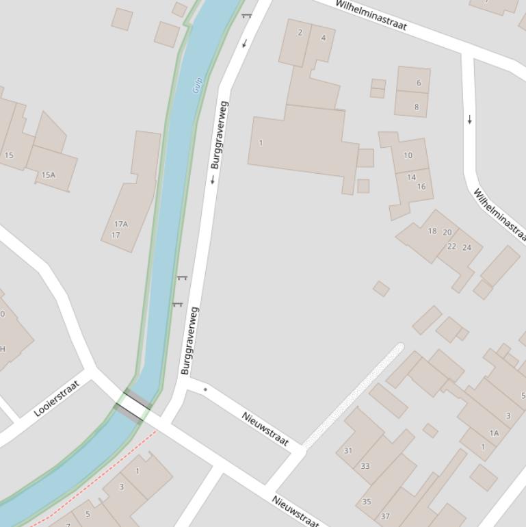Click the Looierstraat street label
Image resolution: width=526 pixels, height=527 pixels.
[57, 398]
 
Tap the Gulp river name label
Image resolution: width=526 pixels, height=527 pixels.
[198, 85]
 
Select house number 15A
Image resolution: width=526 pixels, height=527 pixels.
[48, 175]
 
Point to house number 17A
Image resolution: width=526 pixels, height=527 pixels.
[120, 224]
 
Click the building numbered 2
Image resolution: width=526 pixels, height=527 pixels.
[300, 32]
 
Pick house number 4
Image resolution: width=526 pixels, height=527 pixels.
[324, 38]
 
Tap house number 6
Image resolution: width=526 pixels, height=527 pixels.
[419, 83]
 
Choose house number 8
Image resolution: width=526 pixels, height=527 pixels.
[416, 107]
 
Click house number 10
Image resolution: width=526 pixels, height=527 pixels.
[408, 155]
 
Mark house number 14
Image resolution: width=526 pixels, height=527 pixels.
[411, 177]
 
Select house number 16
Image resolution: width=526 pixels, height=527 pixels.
[421, 186]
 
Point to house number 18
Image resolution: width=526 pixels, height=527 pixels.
[432, 231]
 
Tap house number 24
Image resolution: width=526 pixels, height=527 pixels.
[467, 247]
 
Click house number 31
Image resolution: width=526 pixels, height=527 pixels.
[348, 450]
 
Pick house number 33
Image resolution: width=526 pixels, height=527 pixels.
[365, 466]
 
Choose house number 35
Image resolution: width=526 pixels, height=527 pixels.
[367, 502]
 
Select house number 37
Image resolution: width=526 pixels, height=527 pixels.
[385, 517]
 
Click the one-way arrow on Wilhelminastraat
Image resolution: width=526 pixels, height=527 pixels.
[470, 120]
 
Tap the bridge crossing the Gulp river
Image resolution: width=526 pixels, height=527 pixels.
[133, 406]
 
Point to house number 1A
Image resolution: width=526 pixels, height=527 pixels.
[494, 433]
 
